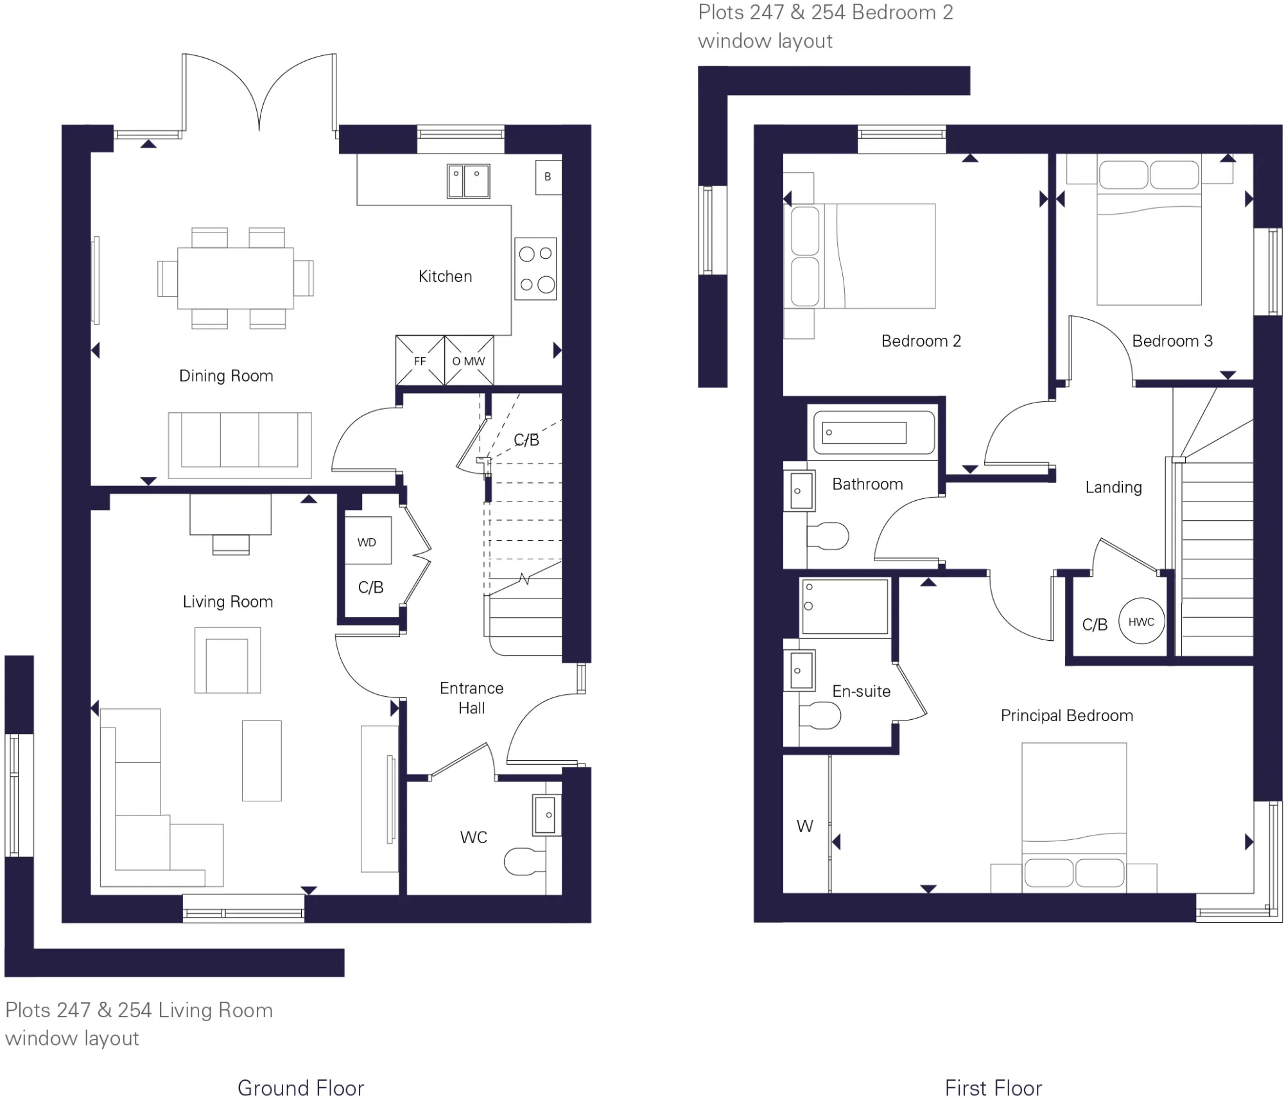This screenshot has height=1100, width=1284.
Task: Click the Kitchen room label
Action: [x=445, y=276]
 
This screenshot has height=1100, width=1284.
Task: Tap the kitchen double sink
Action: [x=469, y=181]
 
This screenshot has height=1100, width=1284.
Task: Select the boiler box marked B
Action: [x=548, y=177]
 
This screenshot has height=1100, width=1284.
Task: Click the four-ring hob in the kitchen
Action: [x=535, y=269]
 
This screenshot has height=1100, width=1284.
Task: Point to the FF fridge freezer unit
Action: [x=420, y=360]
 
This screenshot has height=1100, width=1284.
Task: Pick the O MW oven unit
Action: [x=469, y=360]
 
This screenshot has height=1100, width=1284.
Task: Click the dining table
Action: [x=236, y=278]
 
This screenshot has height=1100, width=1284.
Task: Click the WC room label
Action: [x=474, y=837]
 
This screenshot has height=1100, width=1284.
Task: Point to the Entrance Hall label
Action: [x=472, y=698]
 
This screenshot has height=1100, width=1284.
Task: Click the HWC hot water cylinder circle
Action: [x=1141, y=622]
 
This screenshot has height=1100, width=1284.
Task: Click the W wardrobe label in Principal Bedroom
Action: [x=805, y=826]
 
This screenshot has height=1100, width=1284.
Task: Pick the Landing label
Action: [x=1113, y=487]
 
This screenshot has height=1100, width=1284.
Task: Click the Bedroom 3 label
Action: [x=1172, y=341]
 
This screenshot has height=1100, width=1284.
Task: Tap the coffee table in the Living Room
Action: [x=262, y=760]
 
